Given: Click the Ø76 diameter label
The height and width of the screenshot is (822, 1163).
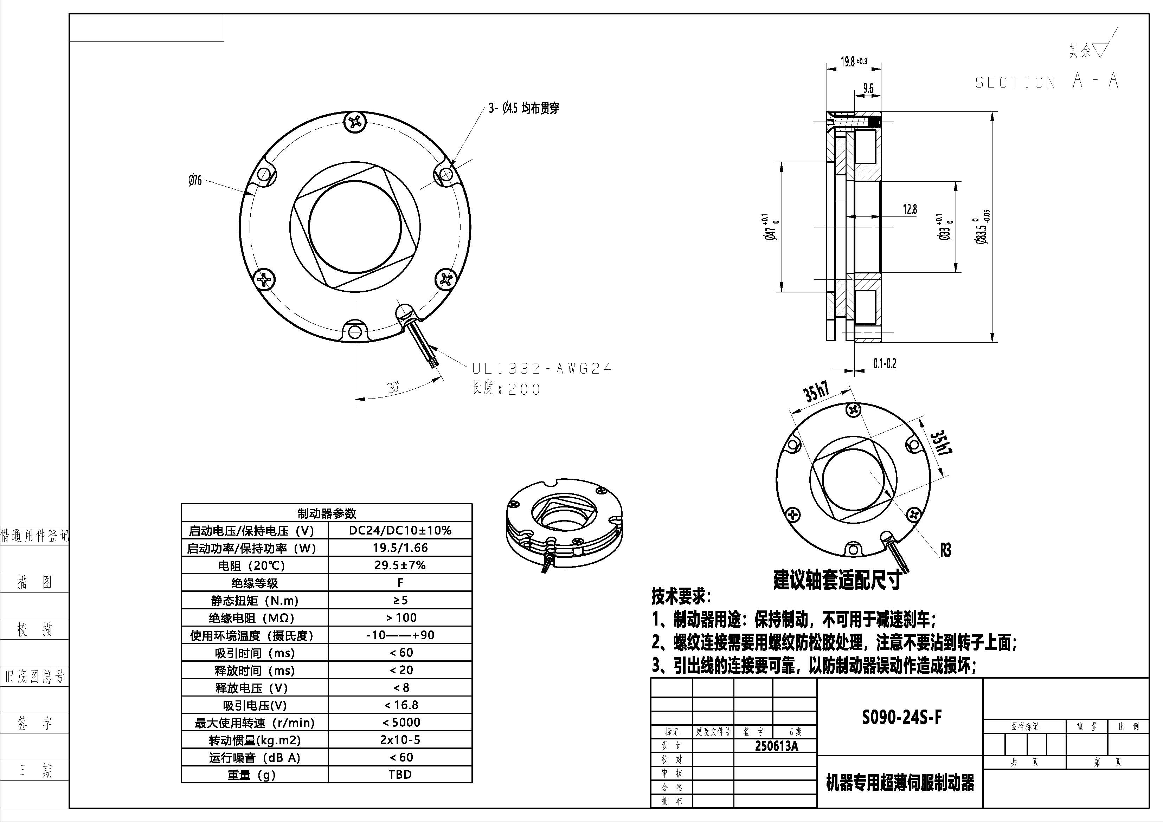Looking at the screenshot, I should pos(195,180).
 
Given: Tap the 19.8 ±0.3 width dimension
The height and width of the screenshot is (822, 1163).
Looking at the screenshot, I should pos(854,62).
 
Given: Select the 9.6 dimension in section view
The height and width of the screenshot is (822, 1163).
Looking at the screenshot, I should pos(868,88).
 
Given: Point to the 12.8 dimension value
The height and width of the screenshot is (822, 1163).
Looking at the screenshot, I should pos(910,209).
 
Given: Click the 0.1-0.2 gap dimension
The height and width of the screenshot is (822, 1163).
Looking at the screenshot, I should pos(885,364).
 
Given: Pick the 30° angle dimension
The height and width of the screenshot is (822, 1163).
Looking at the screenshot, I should pos(393,387).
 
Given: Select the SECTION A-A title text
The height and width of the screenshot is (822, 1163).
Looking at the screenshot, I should pos(1047,81).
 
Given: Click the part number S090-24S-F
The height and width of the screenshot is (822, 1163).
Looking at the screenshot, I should pos(902,717).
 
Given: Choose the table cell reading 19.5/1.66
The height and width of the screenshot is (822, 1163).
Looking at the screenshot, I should pos(400,548).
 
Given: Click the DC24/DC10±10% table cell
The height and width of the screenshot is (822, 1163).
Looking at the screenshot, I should pos(400,530).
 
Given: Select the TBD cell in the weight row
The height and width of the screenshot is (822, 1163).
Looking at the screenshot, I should pos(400,775).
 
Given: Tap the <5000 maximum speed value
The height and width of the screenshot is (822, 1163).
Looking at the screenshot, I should pos(400,722).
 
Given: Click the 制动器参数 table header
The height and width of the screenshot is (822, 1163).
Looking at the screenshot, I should pos(327,513).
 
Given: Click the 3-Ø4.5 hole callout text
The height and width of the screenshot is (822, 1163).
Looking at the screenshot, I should pos(524,108).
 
